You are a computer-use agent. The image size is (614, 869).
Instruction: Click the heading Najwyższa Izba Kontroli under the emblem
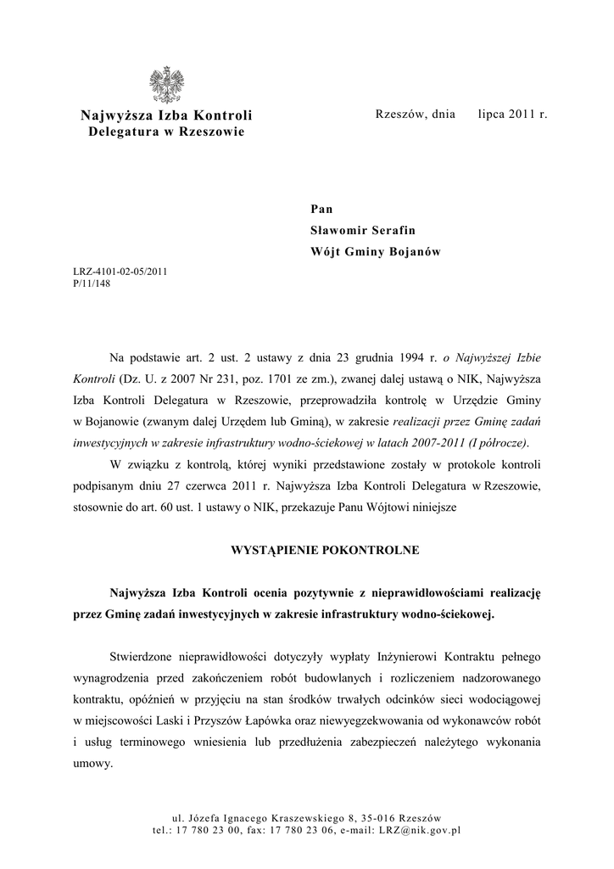(x=166, y=115)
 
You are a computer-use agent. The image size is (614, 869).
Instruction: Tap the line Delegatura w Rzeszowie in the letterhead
(x=166, y=132)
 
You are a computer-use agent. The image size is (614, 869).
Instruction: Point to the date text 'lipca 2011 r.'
(x=513, y=114)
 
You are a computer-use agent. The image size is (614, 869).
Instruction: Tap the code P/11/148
(x=92, y=283)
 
